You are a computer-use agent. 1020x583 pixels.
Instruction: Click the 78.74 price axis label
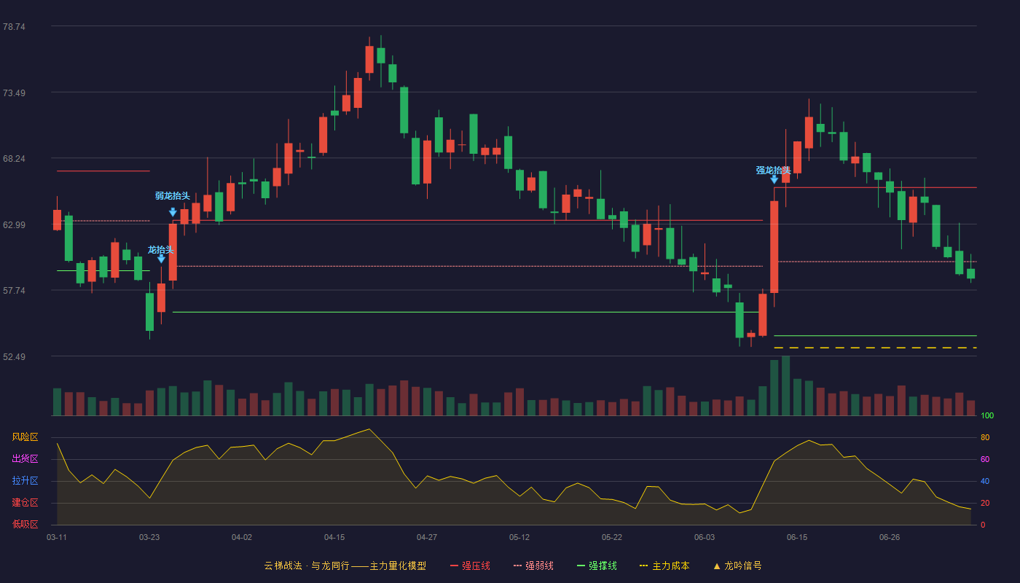tap(14, 27)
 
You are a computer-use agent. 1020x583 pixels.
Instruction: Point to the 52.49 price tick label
tap(14, 356)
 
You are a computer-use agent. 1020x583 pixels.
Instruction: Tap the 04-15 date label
tap(334, 538)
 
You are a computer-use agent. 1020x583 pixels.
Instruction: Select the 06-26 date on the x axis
tap(890, 538)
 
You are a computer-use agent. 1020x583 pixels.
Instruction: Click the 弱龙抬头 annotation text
tap(172, 196)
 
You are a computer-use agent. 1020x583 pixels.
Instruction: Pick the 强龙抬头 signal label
tap(773, 171)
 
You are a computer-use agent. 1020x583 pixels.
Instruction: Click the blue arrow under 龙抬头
tap(161, 259)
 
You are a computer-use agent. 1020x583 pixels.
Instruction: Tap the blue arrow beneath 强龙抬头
tap(774, 179)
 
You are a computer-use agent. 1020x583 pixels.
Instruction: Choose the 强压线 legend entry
tap(470, 566)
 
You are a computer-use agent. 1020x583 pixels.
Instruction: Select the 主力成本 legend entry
tap(664, 566)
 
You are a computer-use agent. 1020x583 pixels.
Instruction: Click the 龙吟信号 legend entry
tap(737, 566)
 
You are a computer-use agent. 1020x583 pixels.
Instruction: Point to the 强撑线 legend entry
tap(597, 566)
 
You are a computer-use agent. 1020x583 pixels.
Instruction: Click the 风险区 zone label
tap(25, 437)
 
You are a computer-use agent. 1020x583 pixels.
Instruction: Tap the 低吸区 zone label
tap(25, 525)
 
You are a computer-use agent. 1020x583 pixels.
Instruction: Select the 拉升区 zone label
tap(25, 481)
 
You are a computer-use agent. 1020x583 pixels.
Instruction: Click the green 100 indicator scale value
tap(987, 415)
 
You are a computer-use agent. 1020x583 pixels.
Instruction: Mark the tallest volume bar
tap(785, 386)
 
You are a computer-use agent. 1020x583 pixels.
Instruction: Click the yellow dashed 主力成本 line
tap(875, 348)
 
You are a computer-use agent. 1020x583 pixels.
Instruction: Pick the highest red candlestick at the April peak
tap(369, 59)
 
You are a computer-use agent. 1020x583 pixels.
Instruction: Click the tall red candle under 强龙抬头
tap(774, 247)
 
